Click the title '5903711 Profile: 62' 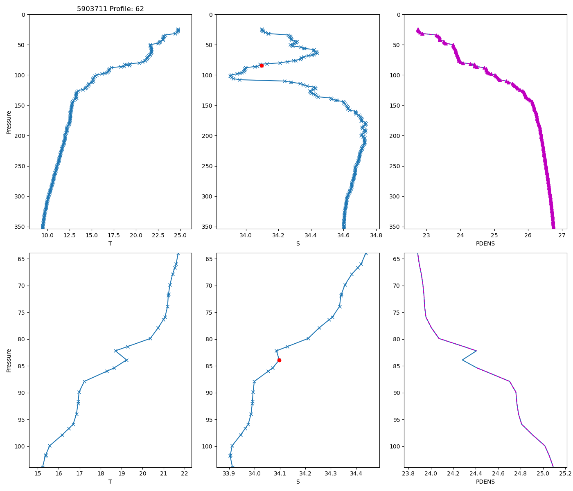click(110, 9)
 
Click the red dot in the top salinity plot click(262, 65)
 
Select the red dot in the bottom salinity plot click(279, 360)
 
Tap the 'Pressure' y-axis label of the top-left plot click(9, 122)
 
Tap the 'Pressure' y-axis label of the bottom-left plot click(9, 360)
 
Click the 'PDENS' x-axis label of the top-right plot click(485, 243)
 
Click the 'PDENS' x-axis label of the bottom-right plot click(485, 482)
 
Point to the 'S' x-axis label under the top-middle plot click(298, 243)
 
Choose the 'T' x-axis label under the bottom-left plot click(110, 482)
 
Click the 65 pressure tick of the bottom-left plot click(21, 259)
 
